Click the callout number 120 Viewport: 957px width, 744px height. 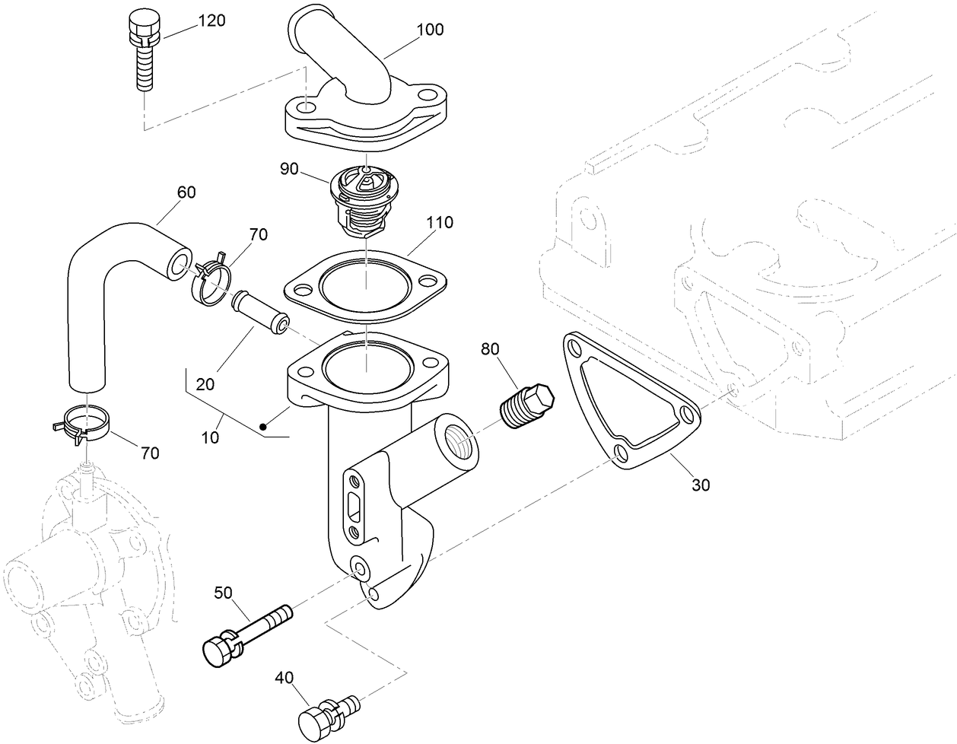pyautogui.click(x=211, y=21)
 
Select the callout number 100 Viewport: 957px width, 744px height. pyautogui.click(x=430, y=30)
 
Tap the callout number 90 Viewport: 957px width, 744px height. pyautogui.click(x=289, y=168)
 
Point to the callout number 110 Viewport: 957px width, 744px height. pyautogui.click(x=439, y=223)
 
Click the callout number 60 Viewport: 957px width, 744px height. pyautogui.click(x=186, y=192)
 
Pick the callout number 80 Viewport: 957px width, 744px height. pyautogui.click(x=490, y=349)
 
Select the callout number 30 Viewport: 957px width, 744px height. pyautogui.click(x=701, y=484)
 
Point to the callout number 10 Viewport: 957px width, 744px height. pyautogui.click(x=210, y=437)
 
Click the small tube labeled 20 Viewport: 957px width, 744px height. pyautogui.click(x=259, y=310)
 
